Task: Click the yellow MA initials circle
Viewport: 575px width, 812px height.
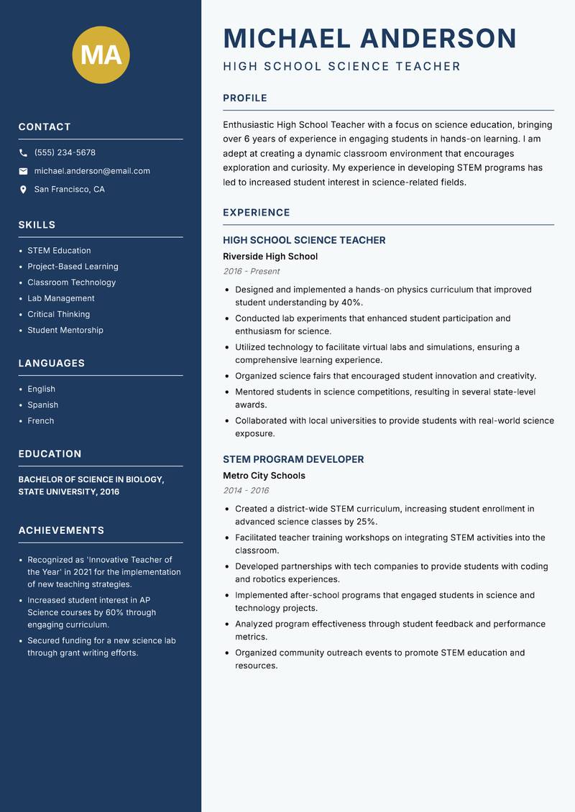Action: point(101,55)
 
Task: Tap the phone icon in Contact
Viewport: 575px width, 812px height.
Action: point(23,153)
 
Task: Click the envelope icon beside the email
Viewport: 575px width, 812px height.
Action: point(23,171)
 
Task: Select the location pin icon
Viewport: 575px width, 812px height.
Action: point(23,190)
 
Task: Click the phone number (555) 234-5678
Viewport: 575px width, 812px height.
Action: point(65,153)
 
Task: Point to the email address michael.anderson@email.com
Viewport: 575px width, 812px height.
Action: point(92,171)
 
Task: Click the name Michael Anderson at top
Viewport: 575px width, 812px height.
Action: point(369,38)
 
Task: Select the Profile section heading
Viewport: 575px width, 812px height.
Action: point(244,98)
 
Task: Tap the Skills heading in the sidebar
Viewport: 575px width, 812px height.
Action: point(37,225)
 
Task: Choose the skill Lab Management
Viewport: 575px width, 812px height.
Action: point(61,298)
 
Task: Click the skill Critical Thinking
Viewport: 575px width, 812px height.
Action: point(59,314)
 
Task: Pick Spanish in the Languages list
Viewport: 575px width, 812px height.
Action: point(43,405)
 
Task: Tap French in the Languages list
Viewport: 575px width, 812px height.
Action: point(41,420)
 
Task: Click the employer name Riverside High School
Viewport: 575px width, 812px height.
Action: point(270,257)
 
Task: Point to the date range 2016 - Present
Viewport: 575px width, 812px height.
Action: point(252,272)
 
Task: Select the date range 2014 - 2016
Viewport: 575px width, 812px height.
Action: point(246,491)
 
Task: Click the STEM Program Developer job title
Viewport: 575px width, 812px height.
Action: point(293,459)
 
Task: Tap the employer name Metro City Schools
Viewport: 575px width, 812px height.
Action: point(264,476)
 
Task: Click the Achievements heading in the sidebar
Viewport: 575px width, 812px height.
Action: point(61,530)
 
